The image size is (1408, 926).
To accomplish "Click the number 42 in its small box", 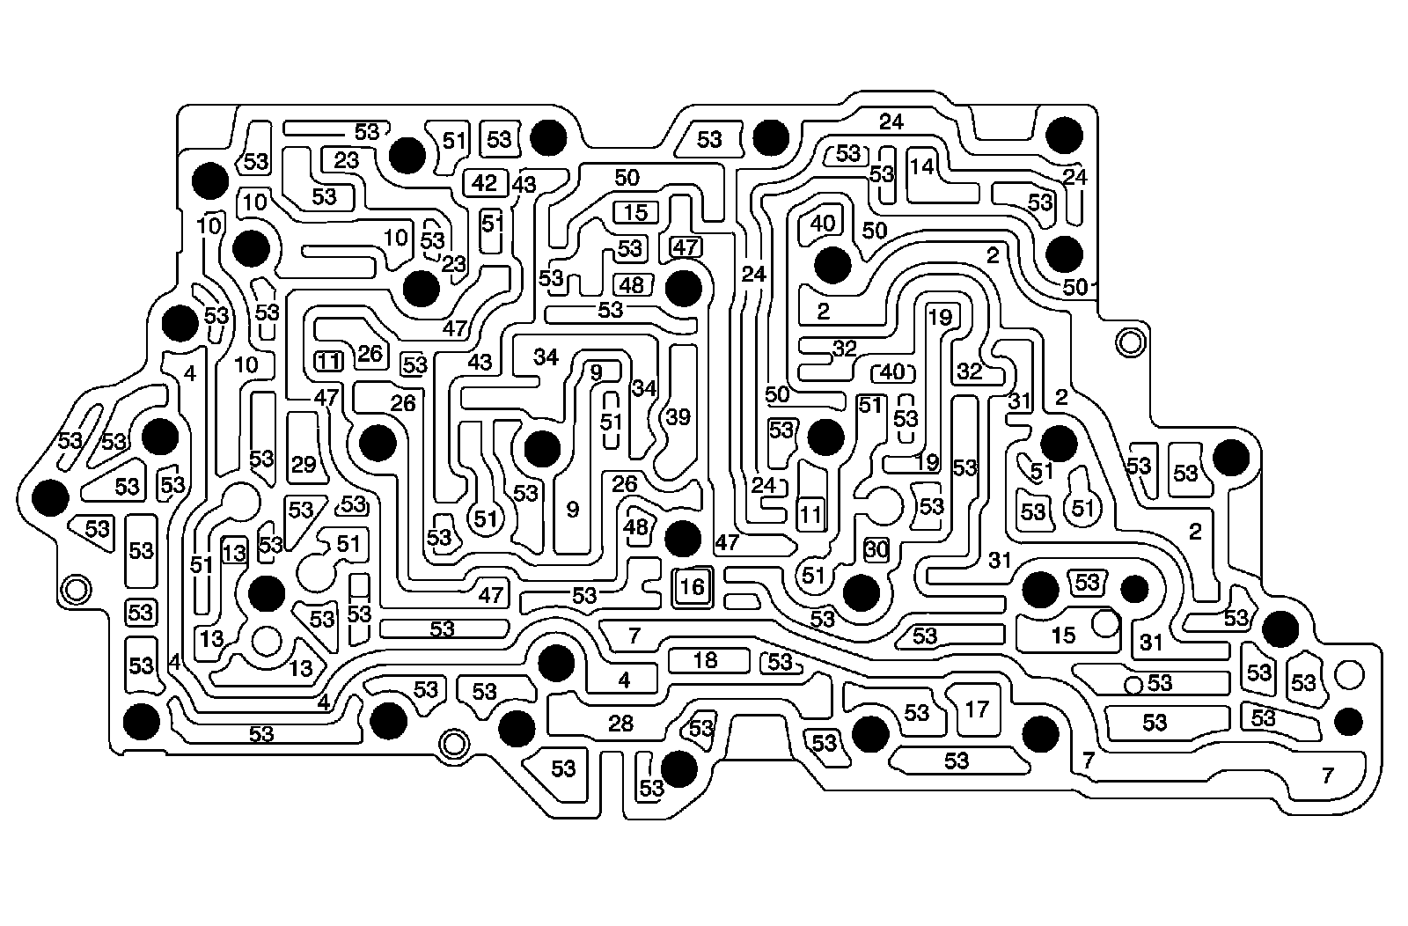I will coord(484,184).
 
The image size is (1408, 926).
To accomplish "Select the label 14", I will coord(921,165).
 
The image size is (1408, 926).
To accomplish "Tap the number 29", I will coord(304,464).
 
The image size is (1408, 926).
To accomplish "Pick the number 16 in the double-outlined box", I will coord(693,586).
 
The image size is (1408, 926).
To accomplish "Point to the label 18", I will coord(706,659).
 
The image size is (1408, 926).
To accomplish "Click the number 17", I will coord(977,709).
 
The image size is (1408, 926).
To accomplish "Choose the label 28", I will coord(620,724).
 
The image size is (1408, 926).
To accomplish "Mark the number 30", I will coord(876,549).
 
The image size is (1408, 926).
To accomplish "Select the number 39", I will coord(678,417).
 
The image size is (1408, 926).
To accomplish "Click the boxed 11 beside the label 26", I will coord(328,360).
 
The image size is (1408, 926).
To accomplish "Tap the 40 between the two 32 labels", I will coord(892,371).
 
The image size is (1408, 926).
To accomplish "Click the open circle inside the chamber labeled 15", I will coord(1104,623).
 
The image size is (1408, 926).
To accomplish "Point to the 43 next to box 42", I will coord(524,186).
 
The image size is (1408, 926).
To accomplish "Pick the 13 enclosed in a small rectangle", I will coord(234,553).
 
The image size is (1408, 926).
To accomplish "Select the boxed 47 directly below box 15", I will coord(685,246).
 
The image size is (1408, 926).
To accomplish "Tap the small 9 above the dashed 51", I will coord(596,373).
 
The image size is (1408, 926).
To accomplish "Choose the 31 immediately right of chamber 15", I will coord(1151,643).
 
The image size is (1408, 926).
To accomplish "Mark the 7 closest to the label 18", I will coord(634,634).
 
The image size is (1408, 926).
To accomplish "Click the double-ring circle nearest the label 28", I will coord(453,744).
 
